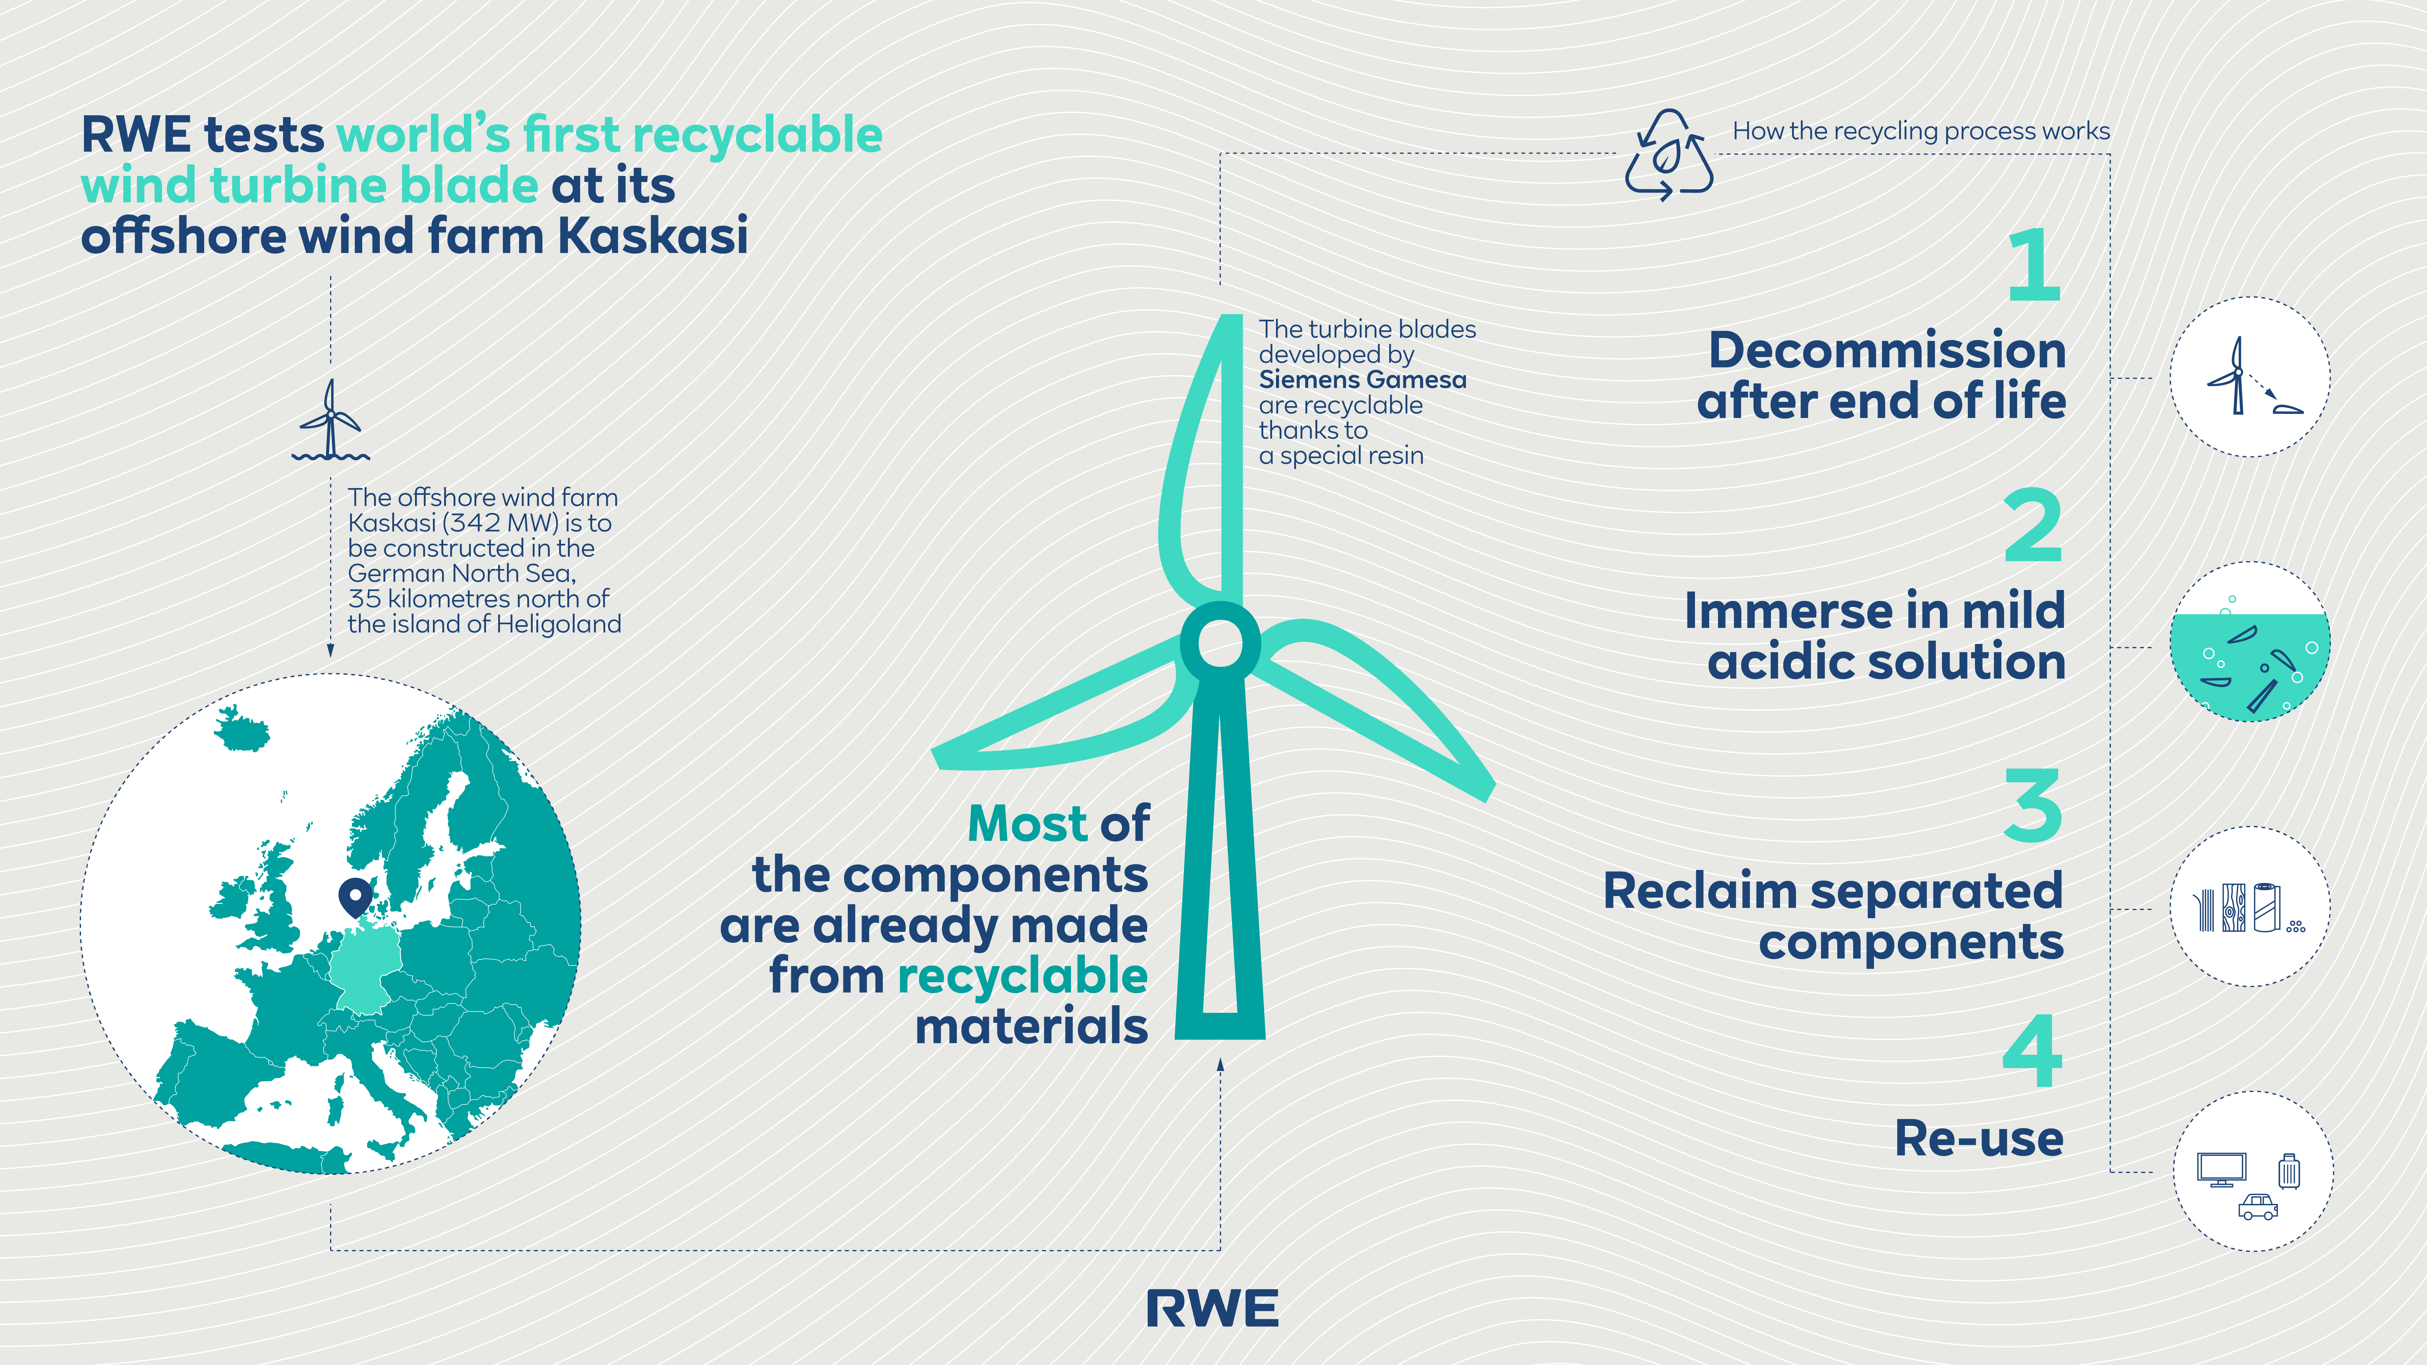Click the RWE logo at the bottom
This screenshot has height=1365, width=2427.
click(x=1213, y=1309)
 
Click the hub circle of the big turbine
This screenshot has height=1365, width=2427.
click(x=1220, y=642)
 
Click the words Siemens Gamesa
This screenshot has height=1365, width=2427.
click(x=1362, y=380)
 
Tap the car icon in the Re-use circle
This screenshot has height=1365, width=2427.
click(x=2258, y=1207)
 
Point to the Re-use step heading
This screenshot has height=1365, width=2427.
click(x=1979, y=1138)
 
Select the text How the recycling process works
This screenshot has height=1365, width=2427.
click(x=1921, y=131)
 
